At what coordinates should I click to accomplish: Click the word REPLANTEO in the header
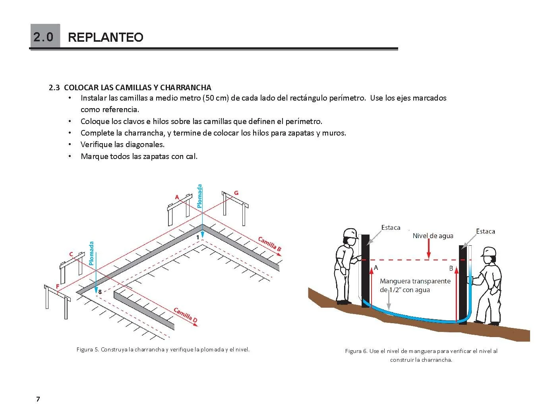(x=105, y=37)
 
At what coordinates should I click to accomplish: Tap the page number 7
(x=38, y=399)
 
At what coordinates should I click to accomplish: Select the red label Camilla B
(x=270, y=244)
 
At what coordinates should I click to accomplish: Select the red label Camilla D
(x=186, y=315)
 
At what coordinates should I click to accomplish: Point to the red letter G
(x=236, y=193)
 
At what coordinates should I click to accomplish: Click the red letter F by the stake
(x=58, y=286)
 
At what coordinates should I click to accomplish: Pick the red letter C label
(x=71, y=254)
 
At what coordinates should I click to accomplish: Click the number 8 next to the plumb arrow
(x=100, y=291)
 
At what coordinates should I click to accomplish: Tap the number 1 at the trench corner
(x=197, y=237)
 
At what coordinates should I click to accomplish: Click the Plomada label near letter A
(x=199, y=196)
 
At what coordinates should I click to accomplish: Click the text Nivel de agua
(x=433, y=236)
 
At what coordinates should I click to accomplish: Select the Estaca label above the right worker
(x=485, y=231)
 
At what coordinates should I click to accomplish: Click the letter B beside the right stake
(x=451, y=268)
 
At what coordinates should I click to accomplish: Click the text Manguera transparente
(x=415, y=281)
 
